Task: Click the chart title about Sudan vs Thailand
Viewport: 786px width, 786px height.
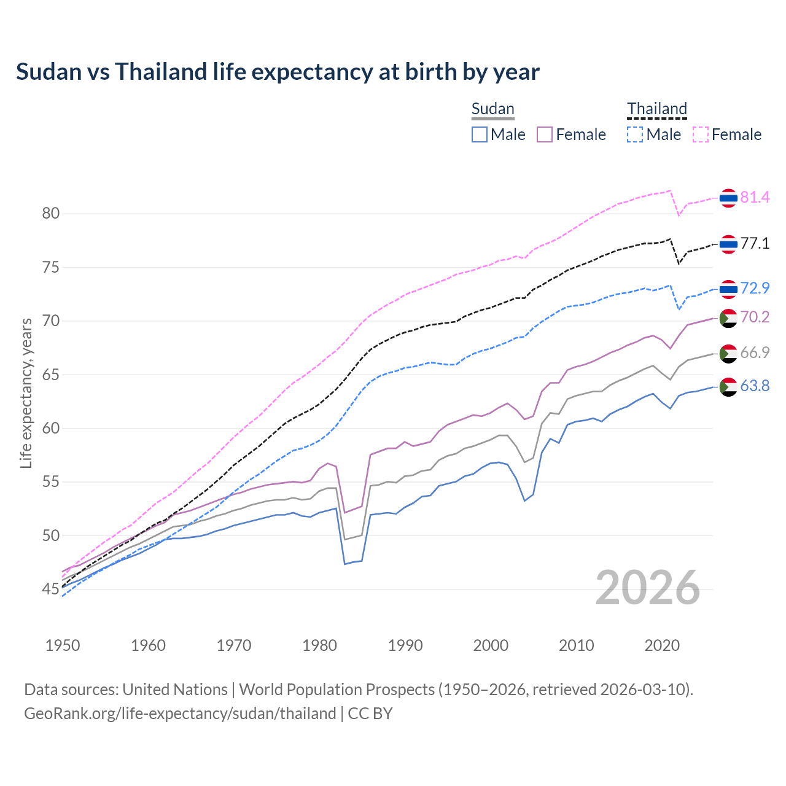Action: pyautogui.click(x=278, y=72)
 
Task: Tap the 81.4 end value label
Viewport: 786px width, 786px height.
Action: pyautogui.click(x=755, y=197)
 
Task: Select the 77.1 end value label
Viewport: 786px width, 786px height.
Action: pyautogui.click(x=755, y=244)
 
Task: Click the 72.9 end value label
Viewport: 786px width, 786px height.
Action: pyautogui.click(x=755, y=288)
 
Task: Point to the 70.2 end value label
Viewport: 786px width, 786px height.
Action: pyautogui.click(x=755, y=317)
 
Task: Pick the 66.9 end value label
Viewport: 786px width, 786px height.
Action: pyautogui.click(x=755, y=352)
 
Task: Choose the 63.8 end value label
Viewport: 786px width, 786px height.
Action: pyautogui.click(x=755, y=386)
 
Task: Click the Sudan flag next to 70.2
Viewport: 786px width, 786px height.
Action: pyautogui.click(x=728, y=318)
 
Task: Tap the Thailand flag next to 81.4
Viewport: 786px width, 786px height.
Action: pyautogui.click(x=728, y=198)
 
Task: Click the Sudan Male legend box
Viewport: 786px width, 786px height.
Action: pyautogui.click(x=480, y=134)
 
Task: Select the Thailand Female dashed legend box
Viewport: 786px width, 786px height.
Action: pyautogui.click(x=701, y=134)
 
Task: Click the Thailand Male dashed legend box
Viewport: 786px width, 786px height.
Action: pyautogui.click(x=635, y=134)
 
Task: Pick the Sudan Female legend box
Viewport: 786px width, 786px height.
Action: pyautogui.click(x=545, y=134)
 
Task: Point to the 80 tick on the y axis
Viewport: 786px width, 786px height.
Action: pyautogui.click(x=50, y=214)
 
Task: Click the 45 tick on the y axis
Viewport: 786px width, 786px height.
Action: pyautogui.click(x=50, y=589)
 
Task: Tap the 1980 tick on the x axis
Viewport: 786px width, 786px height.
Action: pyautogui.click(x=319, y=645)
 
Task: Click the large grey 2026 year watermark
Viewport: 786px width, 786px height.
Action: pyautogui.click(x=648, y=588)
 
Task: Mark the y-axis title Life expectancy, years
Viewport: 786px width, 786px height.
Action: pyautogui.click(x=26, y=393)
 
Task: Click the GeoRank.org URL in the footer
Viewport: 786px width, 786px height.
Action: pyautogui.click(x=180, y=714)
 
